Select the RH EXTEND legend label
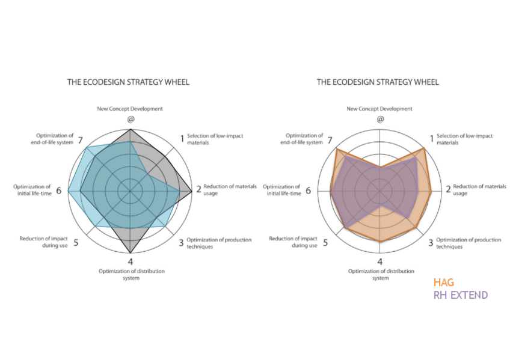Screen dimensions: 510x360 (x=461, y=295)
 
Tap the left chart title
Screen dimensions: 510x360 (x=128, y=82)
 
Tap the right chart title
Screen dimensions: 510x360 (x=378, y=82)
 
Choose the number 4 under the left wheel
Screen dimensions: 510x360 (x=131, y=261)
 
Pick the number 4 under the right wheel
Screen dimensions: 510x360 (x=380, y=261)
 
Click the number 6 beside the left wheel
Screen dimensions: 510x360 (x=59, y=191)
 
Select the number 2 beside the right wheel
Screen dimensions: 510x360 (x=448, y=190)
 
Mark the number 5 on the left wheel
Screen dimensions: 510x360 (x=76, y=243)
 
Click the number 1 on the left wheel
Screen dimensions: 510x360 (x=182, y=139)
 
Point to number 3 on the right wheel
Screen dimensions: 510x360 (x=431, y=243)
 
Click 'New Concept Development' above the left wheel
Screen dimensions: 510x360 (x=130, y=109)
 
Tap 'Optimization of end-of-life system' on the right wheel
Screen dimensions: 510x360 (x=304, y=139)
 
